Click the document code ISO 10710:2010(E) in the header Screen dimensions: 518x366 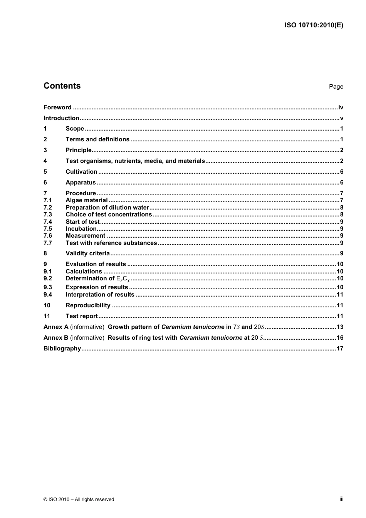tap(314, 25)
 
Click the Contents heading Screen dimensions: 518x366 tap(62, 86)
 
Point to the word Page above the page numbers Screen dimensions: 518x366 tap(336, 87)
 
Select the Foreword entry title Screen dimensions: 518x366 tap(57, 107)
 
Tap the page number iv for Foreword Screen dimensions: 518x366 tap(341, 107)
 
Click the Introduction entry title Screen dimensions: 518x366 tap(61, 118)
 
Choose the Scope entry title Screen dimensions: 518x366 tap(75, 129)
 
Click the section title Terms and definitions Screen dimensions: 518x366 tap(97, 139)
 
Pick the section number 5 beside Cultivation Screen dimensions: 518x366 tap(45, 172)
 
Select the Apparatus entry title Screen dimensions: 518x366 tap(81, 183)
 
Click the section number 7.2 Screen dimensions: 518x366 tap(47, 208)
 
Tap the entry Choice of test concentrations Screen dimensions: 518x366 tap(109, 215)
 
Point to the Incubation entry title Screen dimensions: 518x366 tap(81, 229)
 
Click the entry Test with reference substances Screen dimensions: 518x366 tap(111, 243)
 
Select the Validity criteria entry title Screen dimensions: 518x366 tap(87, 253)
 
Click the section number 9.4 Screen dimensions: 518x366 tap(47, 295)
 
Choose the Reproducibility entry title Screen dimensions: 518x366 tap(88, 305)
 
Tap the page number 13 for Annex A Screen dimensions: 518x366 tap(340, 327)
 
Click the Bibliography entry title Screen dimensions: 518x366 tap(62, 349)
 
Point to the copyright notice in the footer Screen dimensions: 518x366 tap(79, 500)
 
